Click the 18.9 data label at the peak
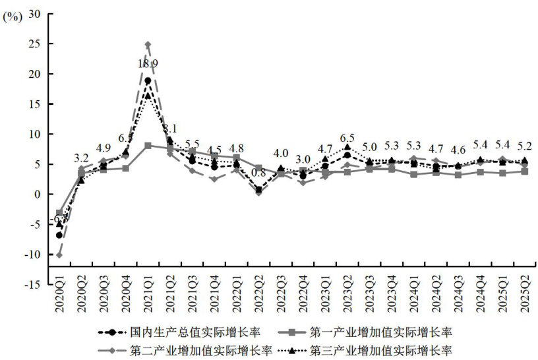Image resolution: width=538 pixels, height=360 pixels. click(x=148, y=63)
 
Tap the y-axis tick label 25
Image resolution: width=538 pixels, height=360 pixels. click(x=34, y=44)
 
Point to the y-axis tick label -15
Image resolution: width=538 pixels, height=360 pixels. click(x=31, y=284)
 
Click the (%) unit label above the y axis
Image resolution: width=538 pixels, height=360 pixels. click(x=13, y=18)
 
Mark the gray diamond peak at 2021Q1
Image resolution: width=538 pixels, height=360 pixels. click(x=148, y=45)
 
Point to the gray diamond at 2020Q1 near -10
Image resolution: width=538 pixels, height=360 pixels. click(x=59, y=255)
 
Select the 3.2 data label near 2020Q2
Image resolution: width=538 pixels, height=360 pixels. click(x=81, y=158)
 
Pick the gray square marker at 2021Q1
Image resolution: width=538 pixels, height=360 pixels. click(x=148, y=145)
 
